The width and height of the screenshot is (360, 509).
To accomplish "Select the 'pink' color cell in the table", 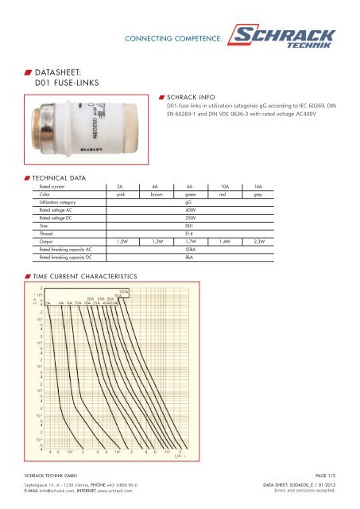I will pyautogui.click(x=122, y=193).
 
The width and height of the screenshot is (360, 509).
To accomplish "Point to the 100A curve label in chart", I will pyautogui.click(x=124, y=293).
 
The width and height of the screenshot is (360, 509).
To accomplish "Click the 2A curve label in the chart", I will pyautogui.click(x=48, y=302).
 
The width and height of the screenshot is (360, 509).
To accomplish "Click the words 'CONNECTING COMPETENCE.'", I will pyautogui.click(x=172, y=37).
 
